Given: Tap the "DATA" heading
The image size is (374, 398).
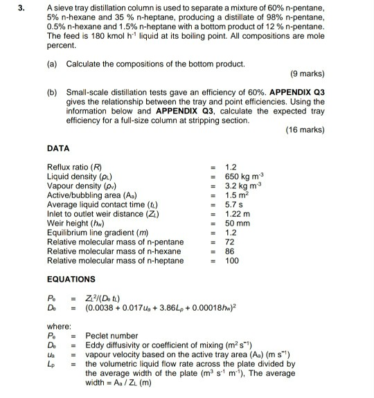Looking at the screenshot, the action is (59, 148).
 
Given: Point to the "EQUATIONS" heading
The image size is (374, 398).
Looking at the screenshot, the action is (71, 279).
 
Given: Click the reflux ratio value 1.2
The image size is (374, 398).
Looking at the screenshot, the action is (231, 167).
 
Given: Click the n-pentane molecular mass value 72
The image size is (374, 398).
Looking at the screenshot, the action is (230, 242).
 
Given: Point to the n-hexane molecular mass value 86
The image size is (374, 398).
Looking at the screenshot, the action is (230, 251).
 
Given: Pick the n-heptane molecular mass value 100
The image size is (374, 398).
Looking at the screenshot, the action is (232, 261).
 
